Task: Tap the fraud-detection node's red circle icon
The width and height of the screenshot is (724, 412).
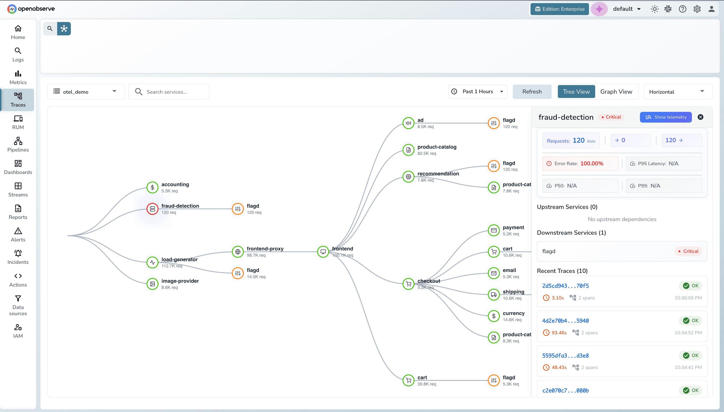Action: coord(153,209)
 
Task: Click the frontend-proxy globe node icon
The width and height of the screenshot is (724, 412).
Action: coord(238,252)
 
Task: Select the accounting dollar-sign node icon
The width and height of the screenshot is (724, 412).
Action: coord(153,187)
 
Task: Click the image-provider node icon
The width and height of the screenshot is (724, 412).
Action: coord(153,284)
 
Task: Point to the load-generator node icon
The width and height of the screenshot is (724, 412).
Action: coord(153,262)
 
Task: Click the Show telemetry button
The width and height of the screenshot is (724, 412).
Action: coord(666,117)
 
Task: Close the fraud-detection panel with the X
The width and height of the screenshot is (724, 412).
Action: coord(701,117)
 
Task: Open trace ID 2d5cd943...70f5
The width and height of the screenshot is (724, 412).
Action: coord(565,286)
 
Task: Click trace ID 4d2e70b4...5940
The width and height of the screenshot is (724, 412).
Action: coord(565,321)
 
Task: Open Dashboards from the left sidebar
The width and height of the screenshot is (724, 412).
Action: coord(18,167)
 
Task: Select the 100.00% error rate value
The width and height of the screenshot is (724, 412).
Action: coord(592,163)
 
